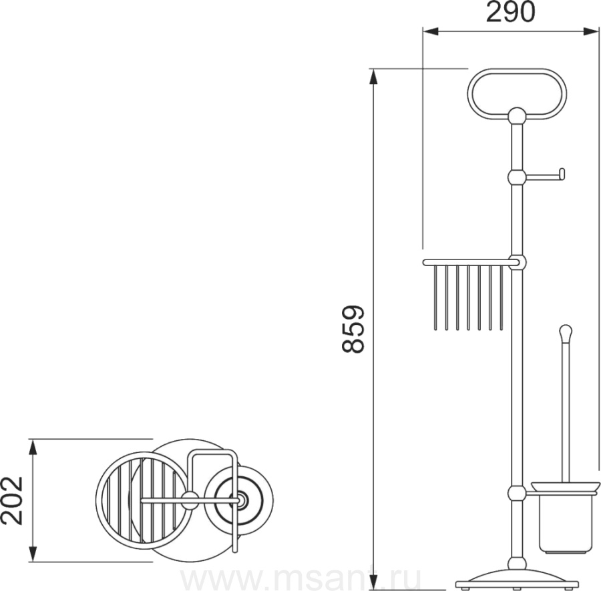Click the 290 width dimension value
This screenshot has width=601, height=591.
(x=510, y=12)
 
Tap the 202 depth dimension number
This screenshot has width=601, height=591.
(x=12, y=501)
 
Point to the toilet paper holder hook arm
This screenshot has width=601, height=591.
(x=545, y=175)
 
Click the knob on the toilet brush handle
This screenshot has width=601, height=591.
(x=566, y=332)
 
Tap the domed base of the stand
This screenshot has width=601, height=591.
(x=517, y=578)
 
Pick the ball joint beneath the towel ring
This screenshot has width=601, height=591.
(x=517, y=115)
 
